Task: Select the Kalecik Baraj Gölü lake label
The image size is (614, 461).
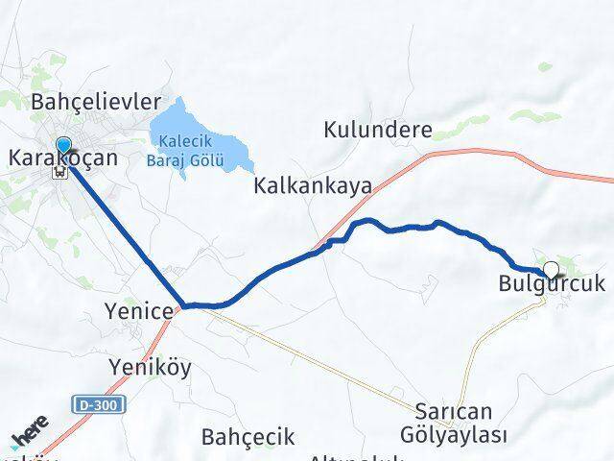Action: pyautogui.click(x=186, y=150)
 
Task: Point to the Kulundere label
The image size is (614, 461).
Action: pyautogui.click(x=378, y=129)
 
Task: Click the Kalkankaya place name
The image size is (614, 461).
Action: pyautogui.click(x=313, y=186)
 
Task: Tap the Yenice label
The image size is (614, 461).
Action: pyautogui.click(x=140, y=311)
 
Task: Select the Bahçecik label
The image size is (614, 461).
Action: pyautogui.click(x=248, y=437)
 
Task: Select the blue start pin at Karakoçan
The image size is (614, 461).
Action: pyautogui.click(x=63, y=146)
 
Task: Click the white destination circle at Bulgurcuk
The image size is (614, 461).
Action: pyautogui.click(x=551, y=270)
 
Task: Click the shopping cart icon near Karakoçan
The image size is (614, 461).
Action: pyautogui.click(x=61, y=174)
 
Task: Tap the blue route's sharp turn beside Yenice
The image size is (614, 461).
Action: pyautogui.click(x=183, y=305)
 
